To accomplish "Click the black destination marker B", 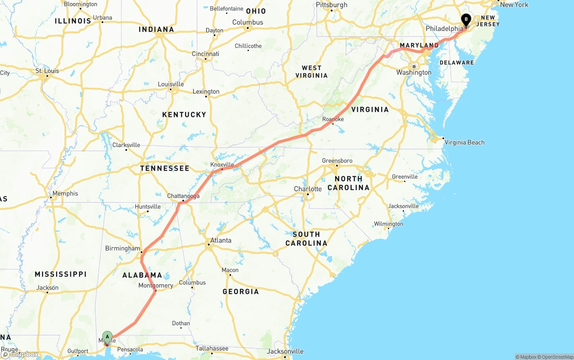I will [x=466, y=19].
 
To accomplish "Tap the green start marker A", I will [x=107, y=337].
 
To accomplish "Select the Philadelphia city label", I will [x=444, y=29].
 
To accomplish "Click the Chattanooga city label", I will [x=183, y=196].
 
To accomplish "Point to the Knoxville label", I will [x=222, y=165].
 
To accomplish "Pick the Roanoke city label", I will [x=333, y=119].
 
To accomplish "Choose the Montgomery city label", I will [x=156, y=286].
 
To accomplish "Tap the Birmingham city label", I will [x=122, y=248].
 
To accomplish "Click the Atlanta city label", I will [x=221, y=240].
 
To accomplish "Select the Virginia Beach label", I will [x=464, y=143].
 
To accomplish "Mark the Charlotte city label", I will [x=308, y=189].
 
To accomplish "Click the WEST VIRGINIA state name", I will [x=312, y=72].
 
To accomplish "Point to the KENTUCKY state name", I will [x=184, y=115].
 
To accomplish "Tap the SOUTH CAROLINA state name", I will [x=306, y=239].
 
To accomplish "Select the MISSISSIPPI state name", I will [x=61, y=274].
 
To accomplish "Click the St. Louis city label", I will [x=47, y=71].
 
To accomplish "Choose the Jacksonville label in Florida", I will [x=285, y=351].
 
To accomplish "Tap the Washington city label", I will [x=413, y=73].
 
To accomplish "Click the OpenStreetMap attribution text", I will [x=555, y=357].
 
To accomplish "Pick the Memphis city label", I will [x=65, y=194].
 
